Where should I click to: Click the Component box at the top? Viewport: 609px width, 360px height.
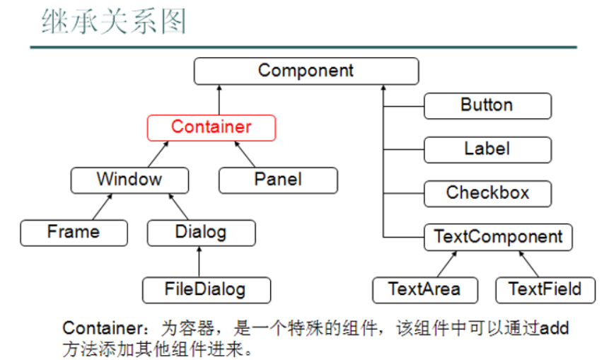(x=306, y=71)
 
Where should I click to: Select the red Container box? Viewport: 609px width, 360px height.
(x=211, y=127)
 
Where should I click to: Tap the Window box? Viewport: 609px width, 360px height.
(x=129, y=180)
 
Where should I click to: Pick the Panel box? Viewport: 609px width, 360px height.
(x=278, y=180)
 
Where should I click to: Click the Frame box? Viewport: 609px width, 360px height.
(x=74, y=232)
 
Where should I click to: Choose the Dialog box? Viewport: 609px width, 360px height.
(x=201, y=232)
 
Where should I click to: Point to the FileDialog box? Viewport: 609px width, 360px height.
(x=206, y=289)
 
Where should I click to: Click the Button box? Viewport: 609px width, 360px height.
(x=487, y=105)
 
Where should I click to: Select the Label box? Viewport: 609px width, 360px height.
(x=487, y=149)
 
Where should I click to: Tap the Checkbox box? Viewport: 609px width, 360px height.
(x=487, y=193)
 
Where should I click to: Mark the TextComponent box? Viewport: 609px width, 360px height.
(x=497, y=237)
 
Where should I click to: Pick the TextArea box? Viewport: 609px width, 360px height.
(x=424, y=289)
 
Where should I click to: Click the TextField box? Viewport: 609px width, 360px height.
(x=545, y=289)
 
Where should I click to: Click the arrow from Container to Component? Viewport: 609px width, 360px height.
(x=220, y=100)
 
